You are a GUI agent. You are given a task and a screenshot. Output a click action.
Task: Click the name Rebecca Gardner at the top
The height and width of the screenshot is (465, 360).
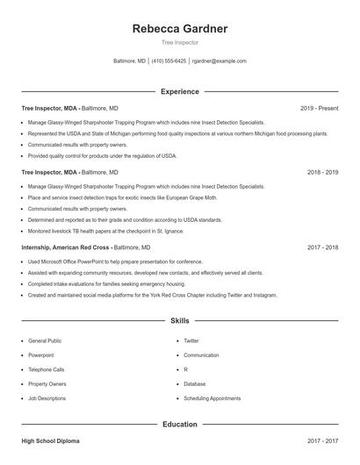click(x=180, y=29)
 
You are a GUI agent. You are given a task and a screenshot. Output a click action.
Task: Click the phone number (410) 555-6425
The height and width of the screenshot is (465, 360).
click(x=169, y=61)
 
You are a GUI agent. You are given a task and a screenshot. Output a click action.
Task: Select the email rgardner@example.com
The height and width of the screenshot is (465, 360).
click(x=219, y=61)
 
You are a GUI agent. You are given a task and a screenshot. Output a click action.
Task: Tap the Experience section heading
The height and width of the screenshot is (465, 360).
click(x=180, y=91)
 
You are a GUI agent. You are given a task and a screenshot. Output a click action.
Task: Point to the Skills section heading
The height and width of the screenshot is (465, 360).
click(x=180, y=322)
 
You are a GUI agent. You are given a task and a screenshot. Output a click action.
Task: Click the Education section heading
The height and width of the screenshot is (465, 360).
click(x=180, y=425)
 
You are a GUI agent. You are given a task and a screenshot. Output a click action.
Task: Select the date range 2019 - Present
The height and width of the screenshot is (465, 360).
click(x=319, y=108)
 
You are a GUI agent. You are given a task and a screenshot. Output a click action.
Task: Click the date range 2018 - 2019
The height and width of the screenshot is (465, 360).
click(x=322, y=173)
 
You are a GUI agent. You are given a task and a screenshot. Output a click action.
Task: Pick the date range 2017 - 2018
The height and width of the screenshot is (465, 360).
click(x=322, y=248)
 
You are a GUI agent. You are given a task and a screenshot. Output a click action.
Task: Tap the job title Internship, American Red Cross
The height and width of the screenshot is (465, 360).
click(x=66, y=248)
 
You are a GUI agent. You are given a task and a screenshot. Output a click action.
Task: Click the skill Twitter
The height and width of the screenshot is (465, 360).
click(x=191, y=340)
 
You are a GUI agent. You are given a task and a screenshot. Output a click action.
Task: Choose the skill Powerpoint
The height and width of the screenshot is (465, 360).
click(x=41, y=355)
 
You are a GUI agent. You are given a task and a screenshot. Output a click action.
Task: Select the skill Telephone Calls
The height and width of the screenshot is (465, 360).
click(x=47, y=369)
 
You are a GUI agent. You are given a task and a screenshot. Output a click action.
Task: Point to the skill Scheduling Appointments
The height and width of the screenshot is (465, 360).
click(x=212, y=398)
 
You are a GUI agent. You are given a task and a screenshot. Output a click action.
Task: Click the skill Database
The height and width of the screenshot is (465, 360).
click(x=195, y=384)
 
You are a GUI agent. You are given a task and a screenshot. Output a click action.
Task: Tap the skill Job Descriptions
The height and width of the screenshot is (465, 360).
click(x=47, y=398)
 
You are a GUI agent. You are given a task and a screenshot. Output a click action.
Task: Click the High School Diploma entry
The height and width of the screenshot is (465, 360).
click(x=51, y=441)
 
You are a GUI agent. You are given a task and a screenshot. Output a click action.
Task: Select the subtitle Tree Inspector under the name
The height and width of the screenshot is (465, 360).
click(x=180, y=42)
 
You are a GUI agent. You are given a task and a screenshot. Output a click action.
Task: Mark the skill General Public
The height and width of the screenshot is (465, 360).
click(x=45, y=340)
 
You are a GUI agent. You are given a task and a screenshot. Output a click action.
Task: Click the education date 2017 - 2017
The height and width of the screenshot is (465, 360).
click(x=322, y=441)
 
